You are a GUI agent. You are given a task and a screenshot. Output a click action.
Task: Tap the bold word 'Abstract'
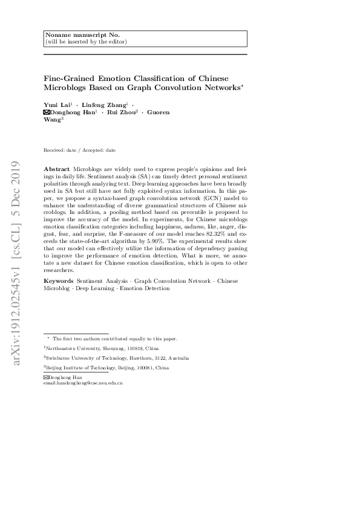(56, 167)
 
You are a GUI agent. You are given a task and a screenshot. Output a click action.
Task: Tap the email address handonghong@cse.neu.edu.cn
(92, 383)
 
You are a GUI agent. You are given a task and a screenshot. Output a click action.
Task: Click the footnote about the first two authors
(112, 339)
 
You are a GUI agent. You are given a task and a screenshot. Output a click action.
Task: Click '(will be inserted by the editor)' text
(86, 42)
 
